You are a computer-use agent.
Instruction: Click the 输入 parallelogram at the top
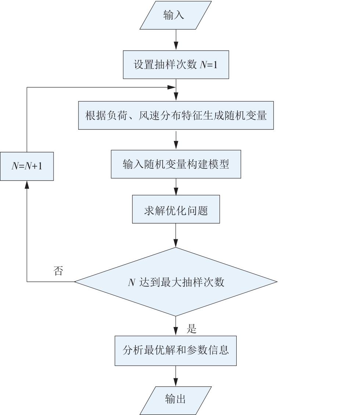[x=176, y=15]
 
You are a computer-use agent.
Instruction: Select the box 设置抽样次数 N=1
[x=176, y=65]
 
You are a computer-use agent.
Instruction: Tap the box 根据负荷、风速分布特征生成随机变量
[x=176, y=115]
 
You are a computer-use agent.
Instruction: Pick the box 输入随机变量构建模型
[x=176, y=164]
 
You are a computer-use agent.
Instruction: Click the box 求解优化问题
[x=176, y=209]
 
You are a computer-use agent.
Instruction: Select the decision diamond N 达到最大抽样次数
[x=176, y=282]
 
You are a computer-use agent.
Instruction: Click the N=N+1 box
[x=27, y=166]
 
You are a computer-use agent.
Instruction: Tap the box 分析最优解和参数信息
[x=176, y=351]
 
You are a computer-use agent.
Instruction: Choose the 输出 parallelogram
[x=176, y=400]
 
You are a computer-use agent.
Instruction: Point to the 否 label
[x=58, y=271]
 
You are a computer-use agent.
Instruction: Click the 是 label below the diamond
[x=192, y=328]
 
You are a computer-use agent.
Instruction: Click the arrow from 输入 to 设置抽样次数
[x=176, y=40]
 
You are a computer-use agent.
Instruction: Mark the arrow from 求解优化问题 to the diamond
[x=176, y=235]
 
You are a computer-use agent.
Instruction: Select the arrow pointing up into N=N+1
[x=27, y=231]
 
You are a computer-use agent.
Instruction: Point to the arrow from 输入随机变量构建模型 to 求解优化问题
[x=176, y=187]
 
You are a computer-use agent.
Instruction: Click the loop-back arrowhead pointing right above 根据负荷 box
[x=171, y=87]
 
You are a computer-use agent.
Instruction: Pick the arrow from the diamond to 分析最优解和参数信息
[x=176, y=326]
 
